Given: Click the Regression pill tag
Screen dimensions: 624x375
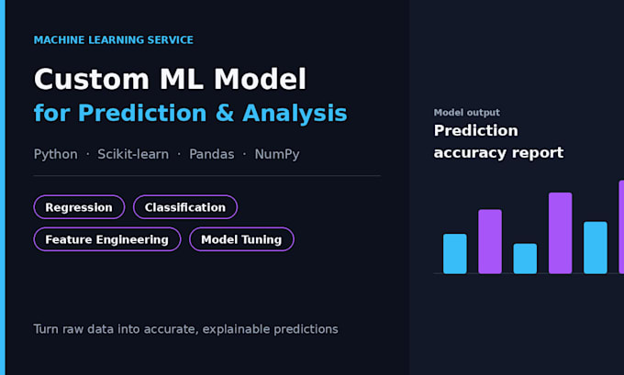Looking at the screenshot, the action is [x=79, y=207].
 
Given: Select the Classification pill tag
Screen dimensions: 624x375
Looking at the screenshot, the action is [x=185, y=207].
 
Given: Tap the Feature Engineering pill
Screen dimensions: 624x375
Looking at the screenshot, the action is [x=107, y=239].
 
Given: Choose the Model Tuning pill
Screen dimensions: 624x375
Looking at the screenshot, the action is [x=241, y=239].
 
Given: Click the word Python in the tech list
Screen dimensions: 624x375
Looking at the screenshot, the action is [x=55, y=154].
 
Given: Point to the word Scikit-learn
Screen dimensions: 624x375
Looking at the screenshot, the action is [x=133, y=154].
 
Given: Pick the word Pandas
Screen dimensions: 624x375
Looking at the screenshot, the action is [x=211, y=154].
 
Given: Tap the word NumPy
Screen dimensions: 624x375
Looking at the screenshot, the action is [x=277, y=154].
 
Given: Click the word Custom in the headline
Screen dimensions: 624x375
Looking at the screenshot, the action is [x=91, y=79].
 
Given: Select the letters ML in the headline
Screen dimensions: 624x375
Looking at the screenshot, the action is [x=182, y=79].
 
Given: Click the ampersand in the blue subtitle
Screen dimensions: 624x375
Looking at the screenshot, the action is [x=225, y=113].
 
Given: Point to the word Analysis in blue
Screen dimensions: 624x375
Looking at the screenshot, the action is [x=295, y=114].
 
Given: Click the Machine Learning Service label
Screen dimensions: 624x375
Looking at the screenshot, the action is [x=114, y=39].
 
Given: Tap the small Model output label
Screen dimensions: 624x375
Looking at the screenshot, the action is [x=467, y=113].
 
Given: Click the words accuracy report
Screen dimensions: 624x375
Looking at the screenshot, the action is [x=498, y=153].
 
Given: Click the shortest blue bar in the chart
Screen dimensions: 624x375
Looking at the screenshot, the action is [x=525, y=259].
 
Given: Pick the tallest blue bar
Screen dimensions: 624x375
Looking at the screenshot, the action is [x=596, y=248].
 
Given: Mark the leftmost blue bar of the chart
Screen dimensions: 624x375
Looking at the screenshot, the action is [x=455, y=254].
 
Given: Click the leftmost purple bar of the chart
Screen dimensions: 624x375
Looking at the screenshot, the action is [x=490, y=241].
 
